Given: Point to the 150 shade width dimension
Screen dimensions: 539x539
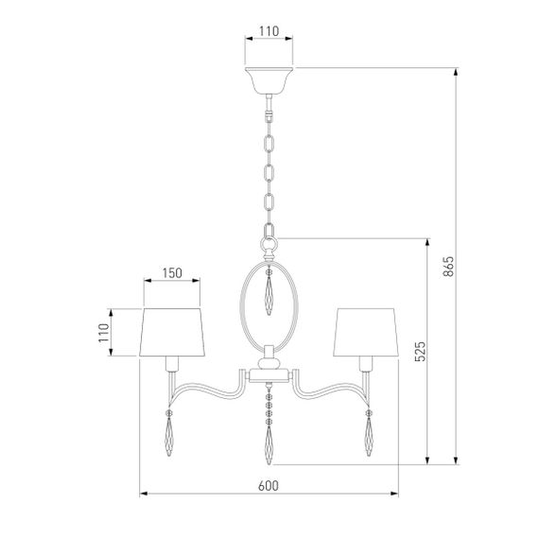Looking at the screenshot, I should tap(171, 273).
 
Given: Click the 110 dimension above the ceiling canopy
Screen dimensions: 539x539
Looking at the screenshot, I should tap(269, 31).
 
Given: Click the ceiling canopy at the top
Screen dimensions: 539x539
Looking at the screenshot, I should tap(269, 78).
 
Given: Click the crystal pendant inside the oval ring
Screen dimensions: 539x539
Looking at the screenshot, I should tap(269, 296).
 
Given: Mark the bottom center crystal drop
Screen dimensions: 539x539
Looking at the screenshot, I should tap(269, 442).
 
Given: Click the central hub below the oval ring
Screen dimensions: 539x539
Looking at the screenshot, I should tap(269, 364).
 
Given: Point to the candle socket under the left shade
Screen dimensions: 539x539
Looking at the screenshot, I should tap(172, 365).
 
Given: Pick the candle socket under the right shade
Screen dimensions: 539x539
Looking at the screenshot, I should tap(366, 365).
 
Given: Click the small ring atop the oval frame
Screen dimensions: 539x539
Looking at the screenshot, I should tap(269, 244).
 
